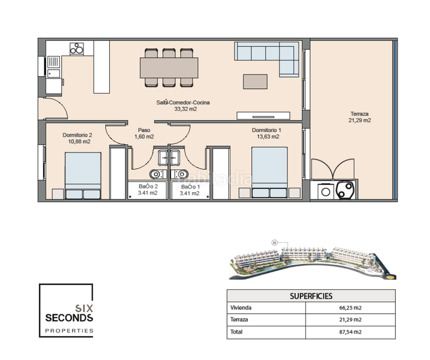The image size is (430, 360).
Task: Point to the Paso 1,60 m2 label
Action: click(x=144, y=133)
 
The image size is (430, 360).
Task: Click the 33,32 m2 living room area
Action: click(x=186, y=109)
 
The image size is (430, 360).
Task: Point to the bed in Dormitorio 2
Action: click(x=83, y=175)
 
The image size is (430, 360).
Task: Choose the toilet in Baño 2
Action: click(x=156, y=174)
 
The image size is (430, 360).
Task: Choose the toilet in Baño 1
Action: click(x=183, y=174)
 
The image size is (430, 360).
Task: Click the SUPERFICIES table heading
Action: click(x=311, y=296)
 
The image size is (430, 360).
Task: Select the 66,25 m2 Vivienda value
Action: click(x=351, y=308)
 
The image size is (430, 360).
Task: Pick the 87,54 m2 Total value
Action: click(x=351, y=331)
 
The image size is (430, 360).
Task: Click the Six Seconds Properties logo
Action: click(x=67, y=310)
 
